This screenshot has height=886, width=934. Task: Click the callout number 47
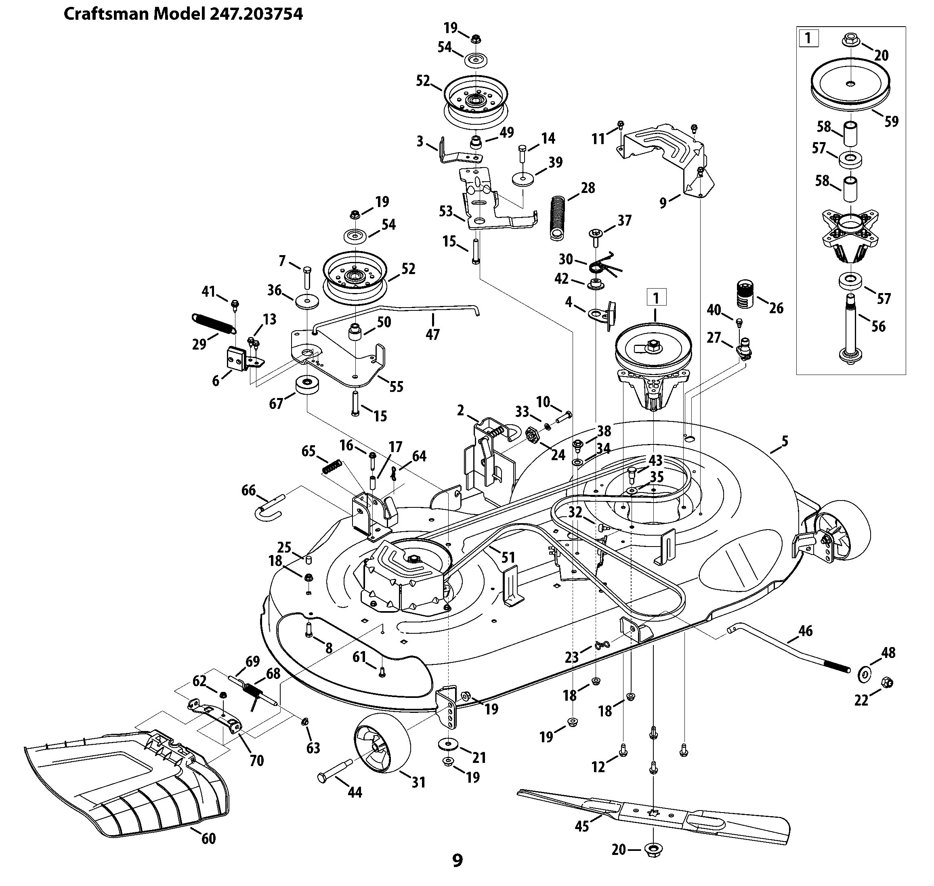click(x=432, y=334)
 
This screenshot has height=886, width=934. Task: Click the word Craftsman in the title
click(x=107, y=14)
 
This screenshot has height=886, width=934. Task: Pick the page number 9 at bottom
click(x=458, y=861)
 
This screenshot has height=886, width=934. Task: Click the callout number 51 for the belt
click(x=508, y=557)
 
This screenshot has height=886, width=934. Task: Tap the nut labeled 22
click(x=887, y=683)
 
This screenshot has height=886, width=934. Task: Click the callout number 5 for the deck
click(x=785, y=441)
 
